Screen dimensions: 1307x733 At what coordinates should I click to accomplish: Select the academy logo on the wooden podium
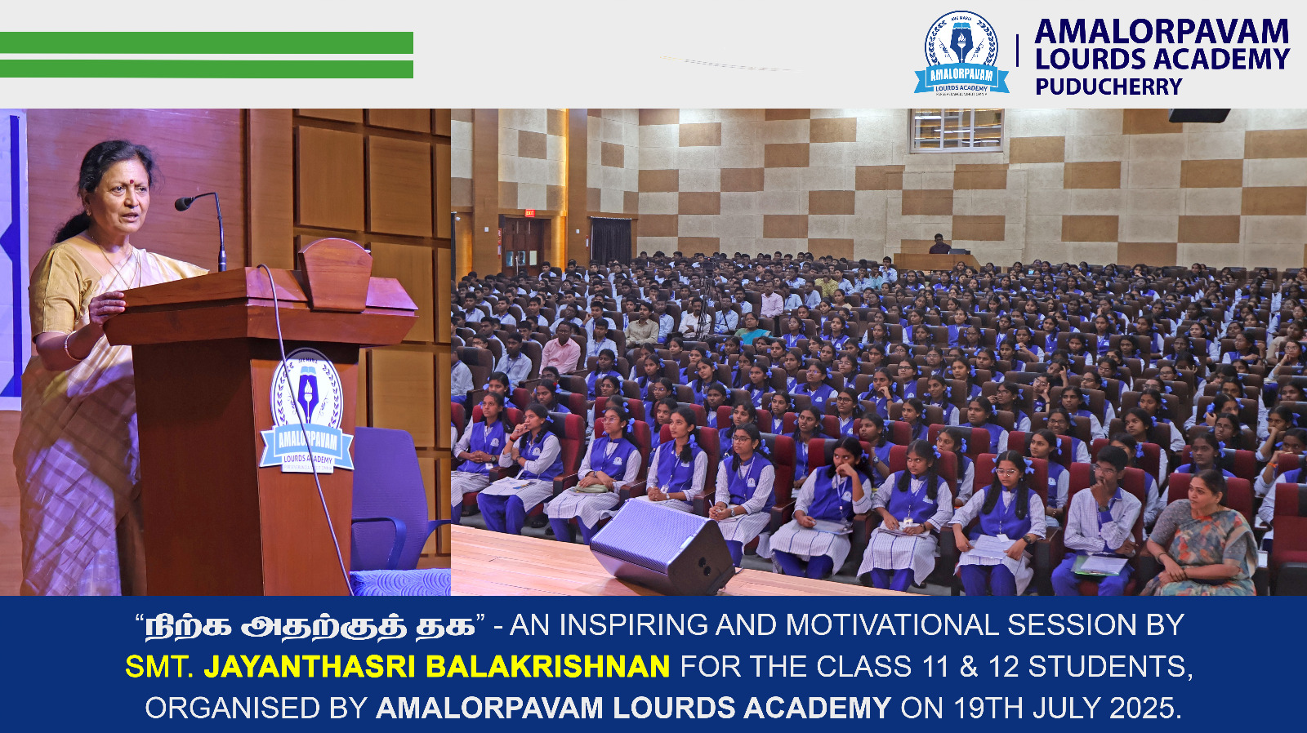coord(307,411)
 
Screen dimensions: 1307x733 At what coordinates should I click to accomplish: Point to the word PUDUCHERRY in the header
coord(1108,87)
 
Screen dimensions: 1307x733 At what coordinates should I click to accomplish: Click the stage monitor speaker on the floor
coord(662,546)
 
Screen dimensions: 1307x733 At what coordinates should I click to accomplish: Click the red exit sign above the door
coord(530,213)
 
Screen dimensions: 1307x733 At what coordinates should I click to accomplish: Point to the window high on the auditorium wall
coord(957,131)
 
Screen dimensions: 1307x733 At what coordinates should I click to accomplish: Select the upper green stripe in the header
coord(207,42)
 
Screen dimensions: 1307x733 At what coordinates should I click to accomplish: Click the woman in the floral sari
coord(1202,536)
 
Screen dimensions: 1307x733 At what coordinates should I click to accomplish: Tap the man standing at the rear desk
coord(939,244)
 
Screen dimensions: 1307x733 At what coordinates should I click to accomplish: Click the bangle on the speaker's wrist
coord(69,346)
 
